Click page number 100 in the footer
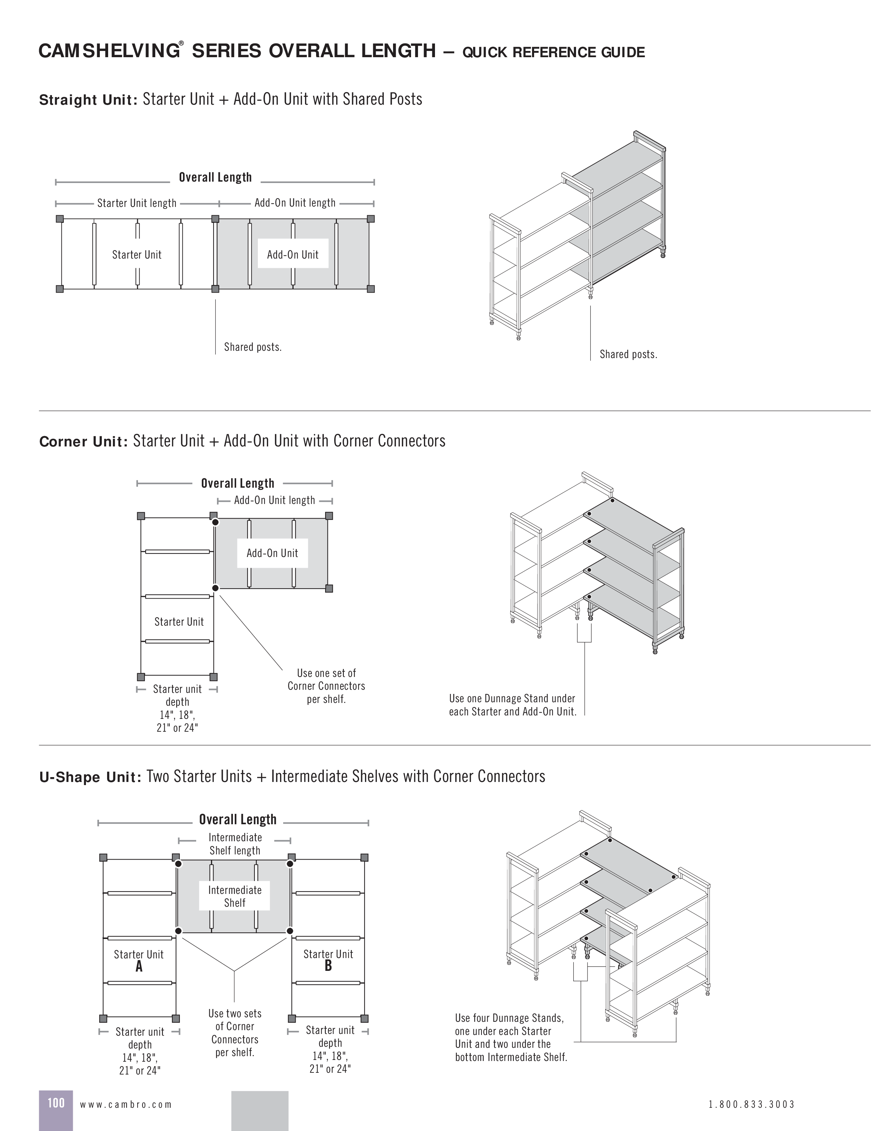click(x=56, y=1103)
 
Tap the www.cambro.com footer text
click(x=126, y=1104)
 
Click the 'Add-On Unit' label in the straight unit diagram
click(x=293, y=254)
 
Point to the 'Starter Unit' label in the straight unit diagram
click(x=137, y=254)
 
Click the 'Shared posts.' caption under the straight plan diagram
click(x=253, y=347)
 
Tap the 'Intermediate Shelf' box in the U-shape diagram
click(x=235, y=896)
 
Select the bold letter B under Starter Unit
click(x=328, y=966)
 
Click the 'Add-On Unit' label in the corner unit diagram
click(x=272, y=553)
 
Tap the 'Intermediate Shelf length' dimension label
click(x=235, y=844)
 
